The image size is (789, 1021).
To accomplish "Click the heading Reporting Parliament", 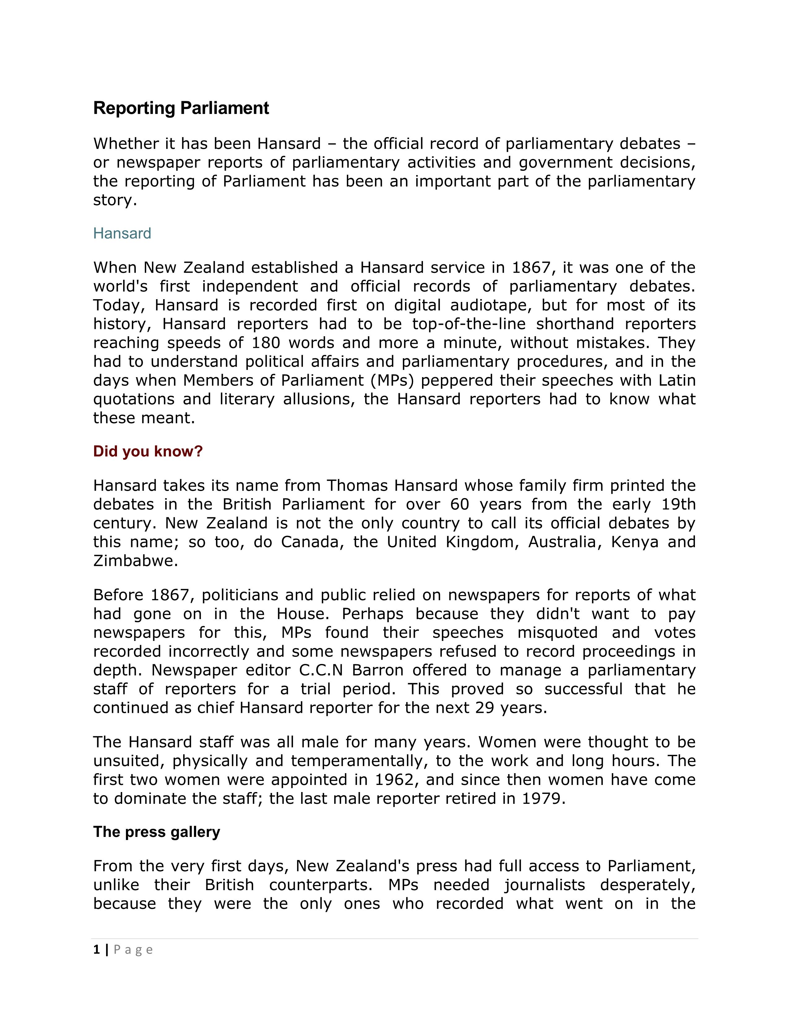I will (x=181, y=108).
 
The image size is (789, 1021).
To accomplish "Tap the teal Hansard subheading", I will (x=122, y=233).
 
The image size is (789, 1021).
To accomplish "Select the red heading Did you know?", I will (x=148, y=451).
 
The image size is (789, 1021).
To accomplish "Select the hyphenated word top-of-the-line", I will (x=475, y=324).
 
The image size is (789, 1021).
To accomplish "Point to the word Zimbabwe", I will (x=135, y=561).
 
